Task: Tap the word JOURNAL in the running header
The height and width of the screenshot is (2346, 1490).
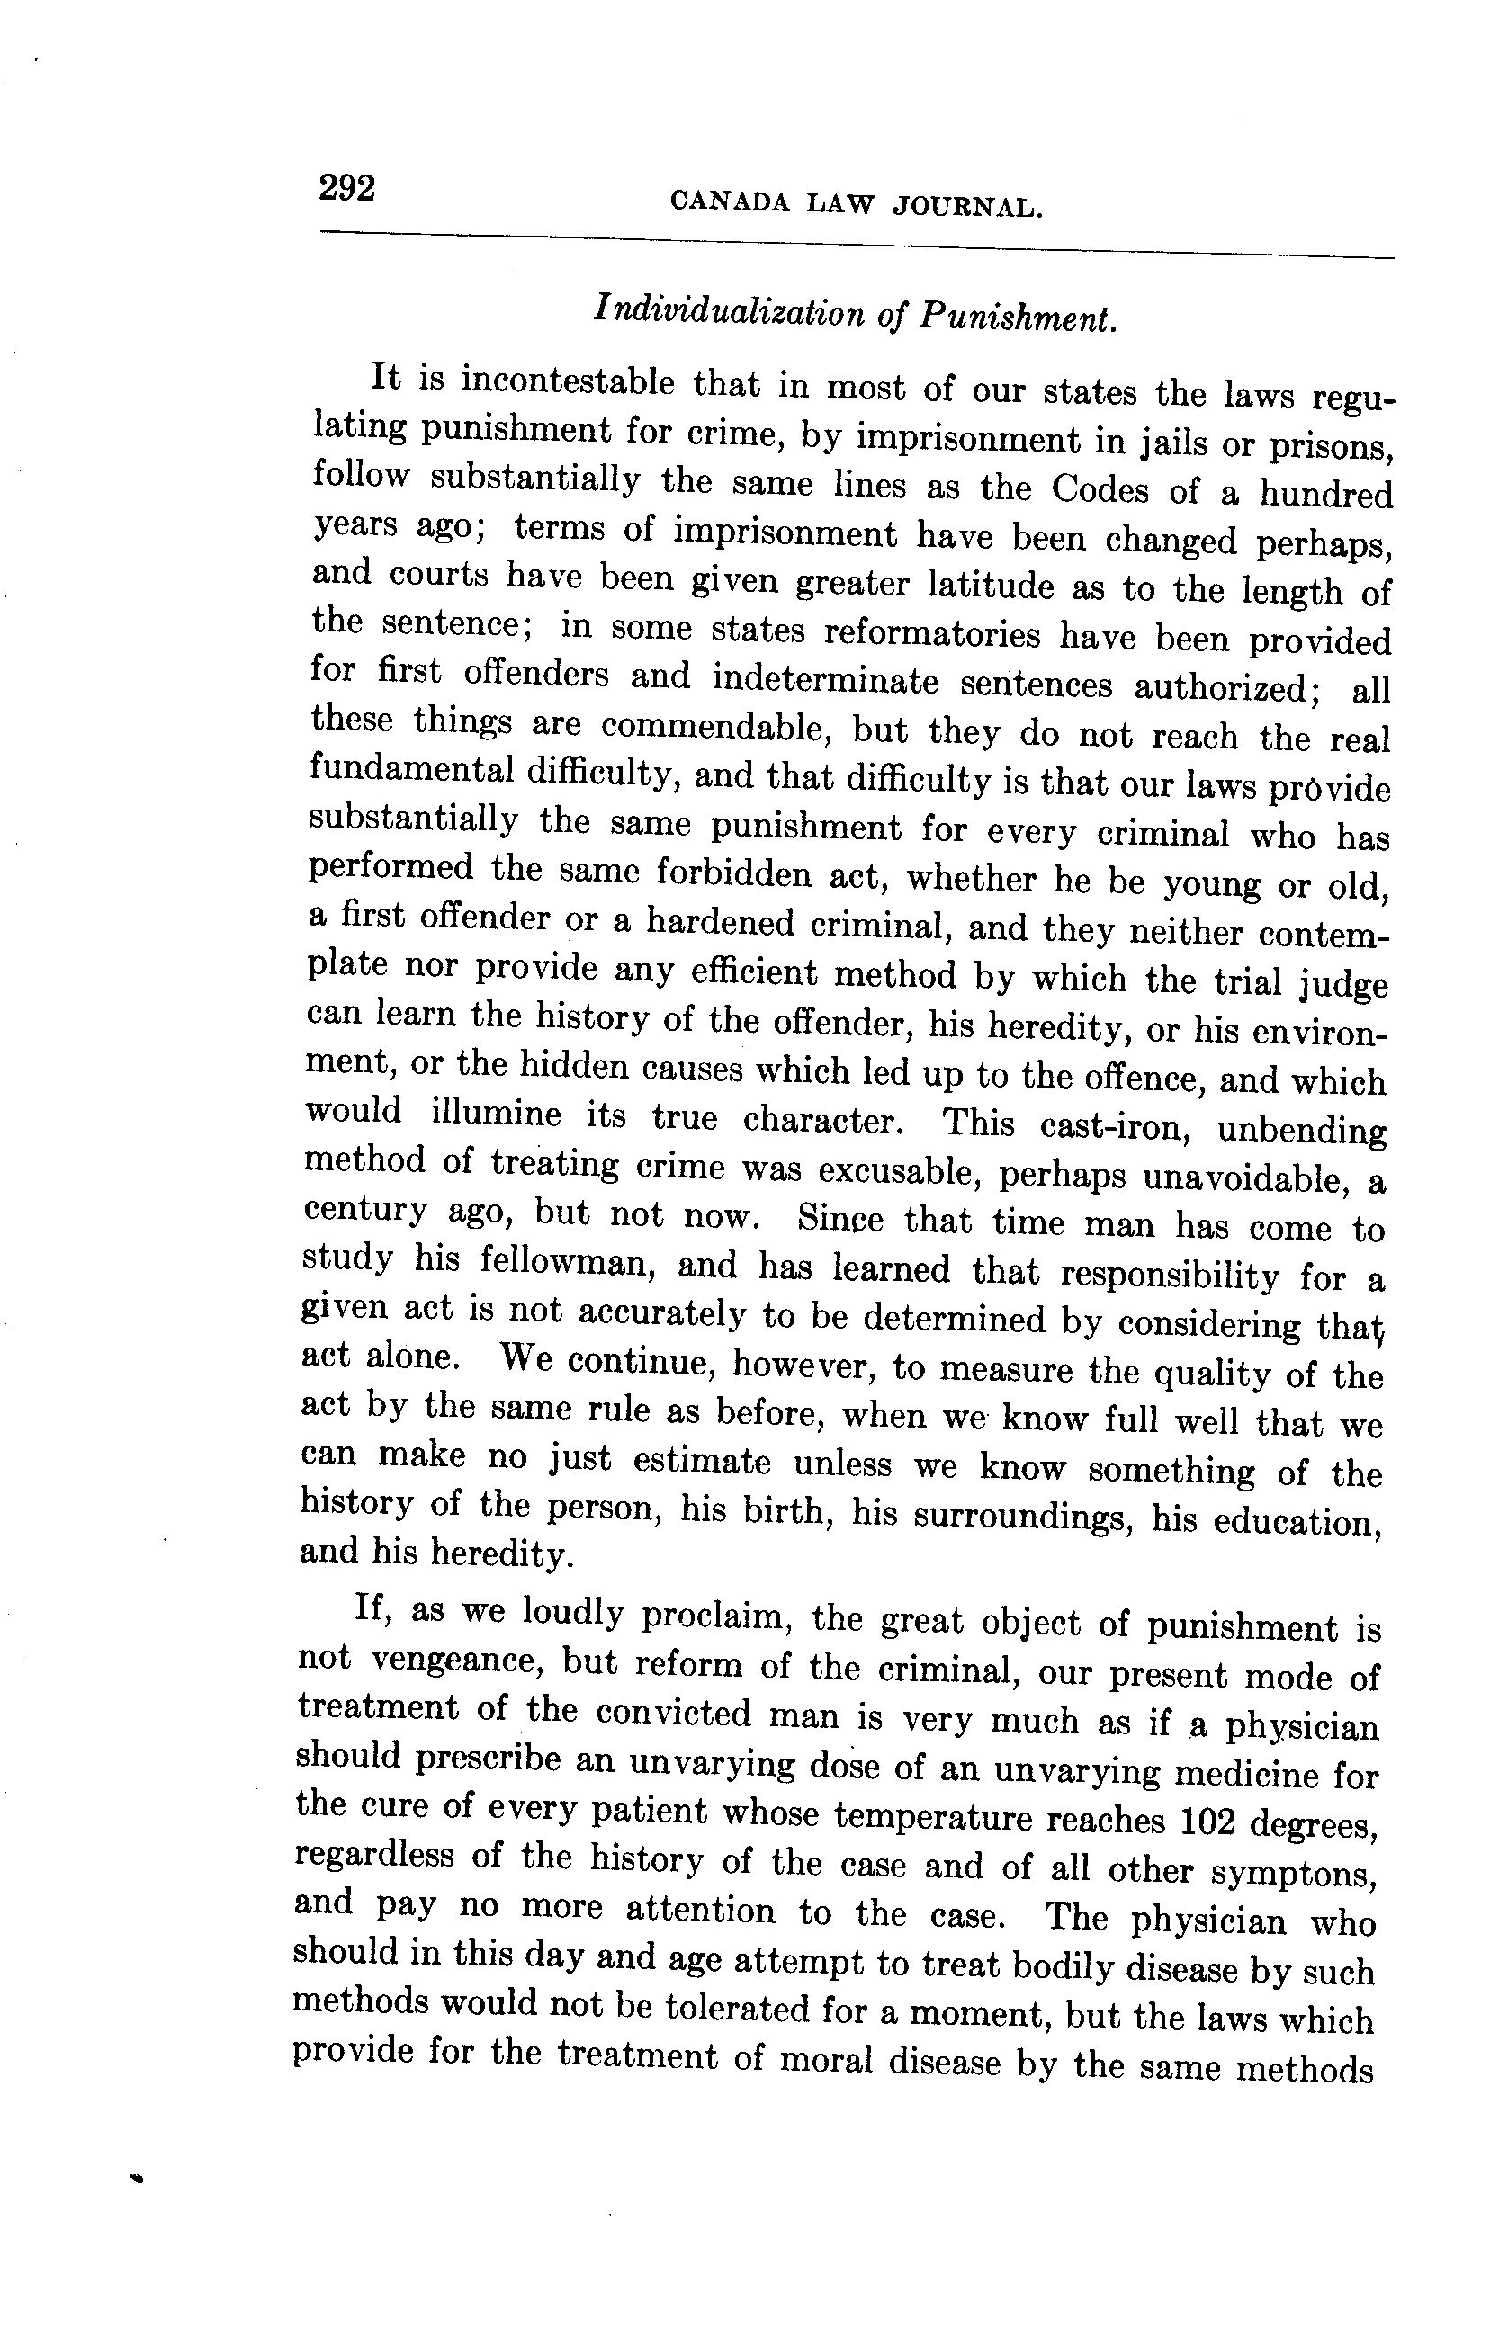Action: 967,208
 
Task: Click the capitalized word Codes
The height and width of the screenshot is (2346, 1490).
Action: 1100,488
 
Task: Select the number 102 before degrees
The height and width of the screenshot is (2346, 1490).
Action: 1208,1820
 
